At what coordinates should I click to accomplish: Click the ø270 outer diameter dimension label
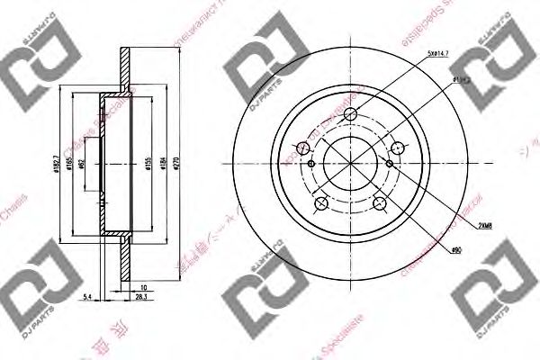178,166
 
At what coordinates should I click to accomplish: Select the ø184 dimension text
162,166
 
